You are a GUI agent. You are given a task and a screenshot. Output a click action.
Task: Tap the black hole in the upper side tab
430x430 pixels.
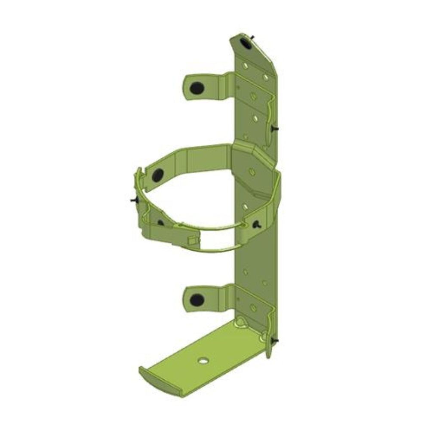[x=197, y=88]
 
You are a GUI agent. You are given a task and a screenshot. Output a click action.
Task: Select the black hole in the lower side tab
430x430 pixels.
[x=197, y=298]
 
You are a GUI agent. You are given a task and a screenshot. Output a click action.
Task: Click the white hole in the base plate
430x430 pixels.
[x=202, y=360]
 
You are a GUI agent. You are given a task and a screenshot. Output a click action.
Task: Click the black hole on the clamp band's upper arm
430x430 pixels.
[x=158, y=174]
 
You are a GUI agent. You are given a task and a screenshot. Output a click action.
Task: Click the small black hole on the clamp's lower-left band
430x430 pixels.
[x=160, y=222]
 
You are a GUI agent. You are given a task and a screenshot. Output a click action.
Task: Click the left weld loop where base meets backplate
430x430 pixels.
[x=241, y=321]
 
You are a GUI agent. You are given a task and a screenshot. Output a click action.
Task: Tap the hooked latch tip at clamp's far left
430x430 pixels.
[x=138, y=174]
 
